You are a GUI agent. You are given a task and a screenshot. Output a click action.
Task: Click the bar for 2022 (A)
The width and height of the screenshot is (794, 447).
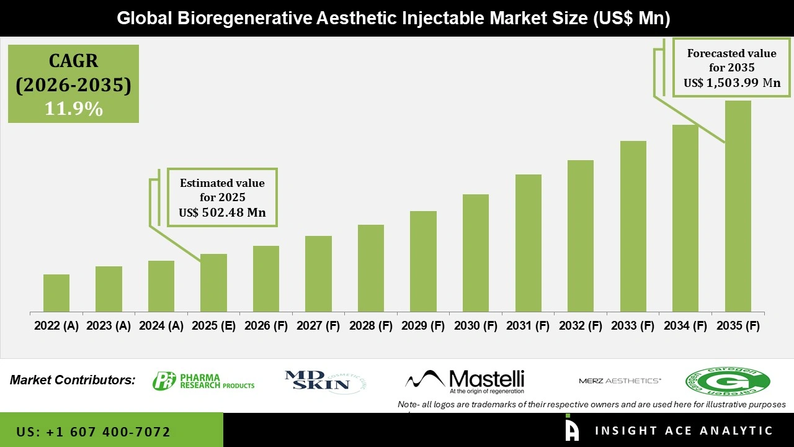[x=56, y=293]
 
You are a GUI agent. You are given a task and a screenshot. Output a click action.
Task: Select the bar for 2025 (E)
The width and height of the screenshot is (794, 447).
[x=213, y=282]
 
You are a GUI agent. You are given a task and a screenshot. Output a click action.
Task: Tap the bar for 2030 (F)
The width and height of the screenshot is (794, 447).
[x=475, y=253]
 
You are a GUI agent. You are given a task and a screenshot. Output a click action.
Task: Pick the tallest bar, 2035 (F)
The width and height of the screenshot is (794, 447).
[x=738, y=206]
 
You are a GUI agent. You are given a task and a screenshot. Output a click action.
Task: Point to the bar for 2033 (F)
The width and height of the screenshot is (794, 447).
[x=633, y=226]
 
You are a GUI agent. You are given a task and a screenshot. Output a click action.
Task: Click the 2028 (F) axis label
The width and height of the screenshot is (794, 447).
[x=371, y=326]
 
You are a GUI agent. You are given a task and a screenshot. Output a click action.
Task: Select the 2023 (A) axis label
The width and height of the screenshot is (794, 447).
[x=109, y=326]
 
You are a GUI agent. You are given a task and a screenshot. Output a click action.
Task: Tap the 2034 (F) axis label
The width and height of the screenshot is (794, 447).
[x=685, y=326]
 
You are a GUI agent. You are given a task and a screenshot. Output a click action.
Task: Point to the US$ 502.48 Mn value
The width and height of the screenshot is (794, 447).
[x=222, y=212]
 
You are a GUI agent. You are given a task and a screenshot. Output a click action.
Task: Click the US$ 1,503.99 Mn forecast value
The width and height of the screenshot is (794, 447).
[x=732, y=83]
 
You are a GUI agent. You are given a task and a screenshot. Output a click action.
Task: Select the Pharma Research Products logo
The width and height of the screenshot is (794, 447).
[x=203, y=381]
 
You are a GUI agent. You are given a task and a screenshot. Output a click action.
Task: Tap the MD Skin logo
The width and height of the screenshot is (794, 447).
[x=317, y=381]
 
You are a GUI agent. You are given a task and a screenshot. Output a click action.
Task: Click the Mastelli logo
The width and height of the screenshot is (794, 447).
[x=465, y=381]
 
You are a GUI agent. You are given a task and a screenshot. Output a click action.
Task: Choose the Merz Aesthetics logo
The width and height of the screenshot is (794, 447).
[x=620, y=381]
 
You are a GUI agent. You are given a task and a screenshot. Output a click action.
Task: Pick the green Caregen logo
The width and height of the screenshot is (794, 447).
[x=727, y=381]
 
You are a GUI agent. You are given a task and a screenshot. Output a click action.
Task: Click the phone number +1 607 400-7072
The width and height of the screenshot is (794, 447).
[x=93, y=431]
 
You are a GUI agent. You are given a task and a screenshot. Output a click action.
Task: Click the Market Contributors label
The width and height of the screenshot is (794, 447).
[x=73, y=380]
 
